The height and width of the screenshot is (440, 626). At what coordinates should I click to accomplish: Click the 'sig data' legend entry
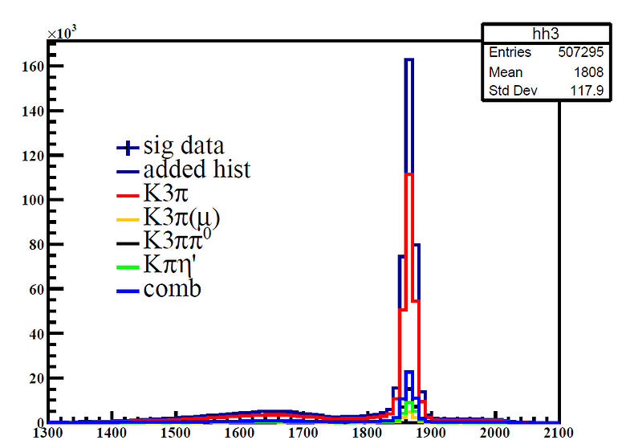(x=184, y=147)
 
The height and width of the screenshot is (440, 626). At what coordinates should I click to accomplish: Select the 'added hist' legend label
(x=197, y=170)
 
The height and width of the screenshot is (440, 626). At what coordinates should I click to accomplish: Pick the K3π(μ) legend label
(x=181, y=218)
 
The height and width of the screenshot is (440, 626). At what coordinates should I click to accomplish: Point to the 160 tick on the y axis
(x=30, y=66)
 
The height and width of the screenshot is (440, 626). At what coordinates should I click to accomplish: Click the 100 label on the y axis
(x=30, y=199)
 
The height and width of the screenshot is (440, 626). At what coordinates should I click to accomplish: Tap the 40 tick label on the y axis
(x=34, y=333)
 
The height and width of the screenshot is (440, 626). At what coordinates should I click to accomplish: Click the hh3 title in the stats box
(x=519, y=34)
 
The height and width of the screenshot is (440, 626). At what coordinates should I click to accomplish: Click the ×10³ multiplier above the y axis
(x=61, y=33)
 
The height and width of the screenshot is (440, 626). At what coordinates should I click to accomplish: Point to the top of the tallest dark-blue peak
(x=409, y=59)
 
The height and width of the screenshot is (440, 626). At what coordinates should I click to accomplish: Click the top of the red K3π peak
(x=409, y=174)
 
